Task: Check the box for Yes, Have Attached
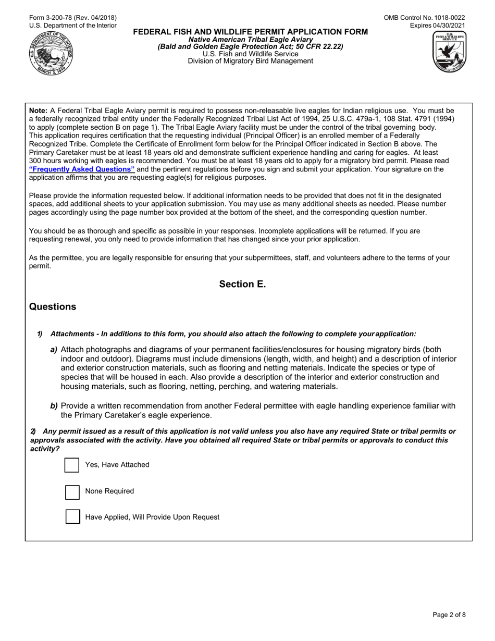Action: point(72,465)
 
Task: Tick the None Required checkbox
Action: point(72,491)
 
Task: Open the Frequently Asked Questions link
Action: point(82,169)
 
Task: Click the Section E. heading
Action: point(242,284)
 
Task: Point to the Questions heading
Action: point(53,307)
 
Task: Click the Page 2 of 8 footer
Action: point(449,615)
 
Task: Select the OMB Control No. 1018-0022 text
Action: point(424,18)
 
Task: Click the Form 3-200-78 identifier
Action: point(73,18)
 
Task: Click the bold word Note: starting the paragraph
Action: point(39,110)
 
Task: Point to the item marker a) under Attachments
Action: point(54,350)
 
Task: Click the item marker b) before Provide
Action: point(54,406)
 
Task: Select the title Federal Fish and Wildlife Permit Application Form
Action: point(250,32)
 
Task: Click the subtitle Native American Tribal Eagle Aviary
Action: point(250,40)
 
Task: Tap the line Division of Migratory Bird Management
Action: point(250,61)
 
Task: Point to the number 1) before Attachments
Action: point(40,334)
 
